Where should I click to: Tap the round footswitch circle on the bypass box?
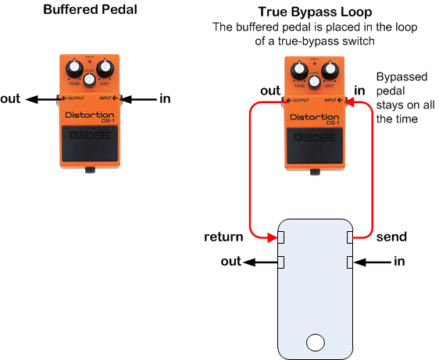click(x=316, y=341)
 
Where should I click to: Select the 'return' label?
click(x=224, y=237)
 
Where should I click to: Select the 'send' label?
click(x=391, y=235)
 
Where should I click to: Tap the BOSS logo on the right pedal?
click(x=315, y=136)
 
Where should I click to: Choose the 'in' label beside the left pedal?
click(x=165, y=98)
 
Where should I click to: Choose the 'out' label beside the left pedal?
click(x=12, y=98)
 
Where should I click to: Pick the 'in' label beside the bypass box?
click(x=400, y=262)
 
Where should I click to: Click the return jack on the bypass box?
click(x=280, y=237)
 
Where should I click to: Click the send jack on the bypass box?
click(x=351, y=237)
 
